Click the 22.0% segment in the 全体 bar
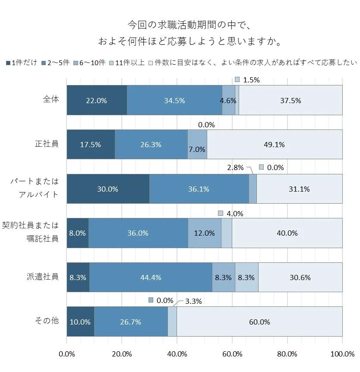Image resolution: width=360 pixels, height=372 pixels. (x=97, y=100)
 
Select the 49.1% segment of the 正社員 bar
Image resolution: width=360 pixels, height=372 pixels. (x=275, y=145)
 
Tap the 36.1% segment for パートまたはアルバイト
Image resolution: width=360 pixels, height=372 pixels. (x=199, y=189)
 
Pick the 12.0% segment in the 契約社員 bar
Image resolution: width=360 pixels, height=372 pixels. (x=205, y=233)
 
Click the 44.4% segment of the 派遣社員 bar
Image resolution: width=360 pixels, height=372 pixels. (x=151, y=277)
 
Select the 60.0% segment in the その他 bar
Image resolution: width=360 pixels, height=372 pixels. (x=259, y=322)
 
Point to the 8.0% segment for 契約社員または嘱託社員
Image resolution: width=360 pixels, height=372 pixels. (x=78, y=233)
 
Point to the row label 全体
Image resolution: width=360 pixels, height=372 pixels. (x=51, y=99)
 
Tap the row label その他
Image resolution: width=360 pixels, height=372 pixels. (x=47, y=321)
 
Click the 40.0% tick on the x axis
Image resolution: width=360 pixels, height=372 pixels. (x=177, y=354)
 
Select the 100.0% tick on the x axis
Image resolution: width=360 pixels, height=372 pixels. (x=342, y=354)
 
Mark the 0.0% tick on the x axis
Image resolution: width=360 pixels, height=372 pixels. (x=67, y=354)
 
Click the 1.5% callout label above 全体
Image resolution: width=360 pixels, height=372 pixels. (x=251, y=80)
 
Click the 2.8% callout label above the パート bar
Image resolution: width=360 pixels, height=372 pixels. (x=236, y=167)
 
